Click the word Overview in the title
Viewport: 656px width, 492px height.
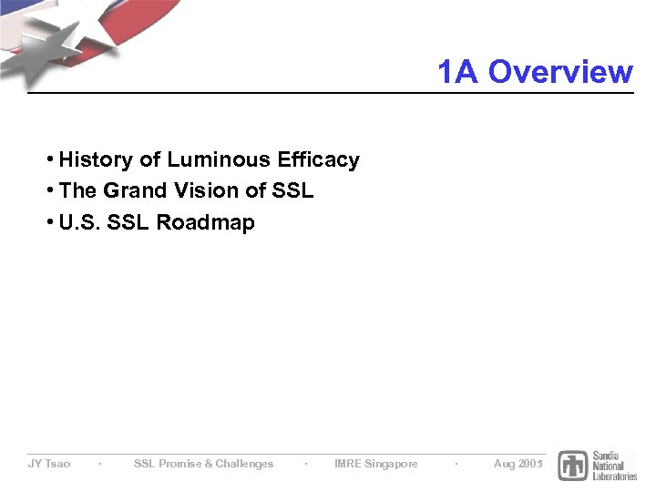click(559, 71)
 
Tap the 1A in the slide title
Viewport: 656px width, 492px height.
click(457, 71)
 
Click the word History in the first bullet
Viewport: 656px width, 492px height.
click(96, 160)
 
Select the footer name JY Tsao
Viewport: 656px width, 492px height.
click(49, 464)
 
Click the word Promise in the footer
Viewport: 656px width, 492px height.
click(179, 464)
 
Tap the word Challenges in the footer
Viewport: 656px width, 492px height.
click(244, 464)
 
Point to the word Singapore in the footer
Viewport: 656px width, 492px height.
click(391, 464)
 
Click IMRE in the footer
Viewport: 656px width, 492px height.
click(347, 464)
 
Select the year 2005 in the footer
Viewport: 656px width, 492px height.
click(530, 464)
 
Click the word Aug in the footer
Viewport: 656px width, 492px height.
click(504, 464)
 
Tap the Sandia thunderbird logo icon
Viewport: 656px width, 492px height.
click(573, 466)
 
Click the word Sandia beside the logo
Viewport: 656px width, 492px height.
click(607, 455)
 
